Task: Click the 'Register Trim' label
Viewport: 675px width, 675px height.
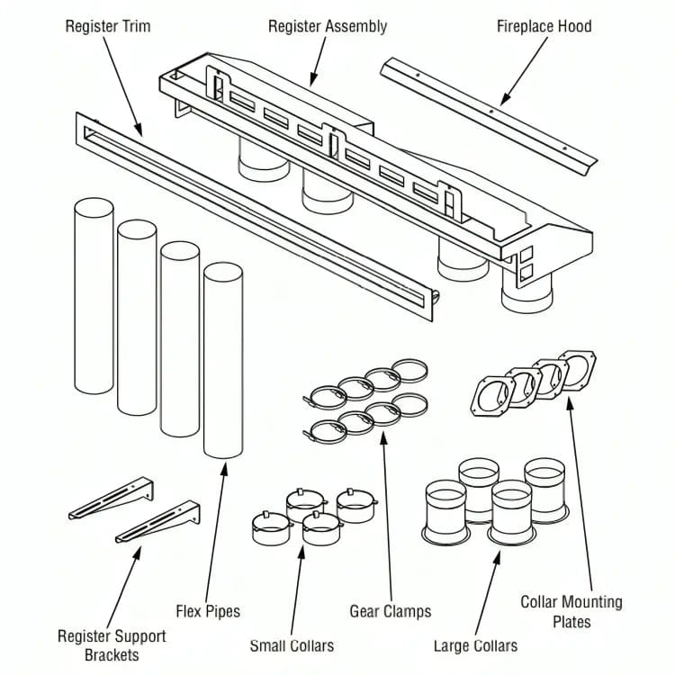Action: tap(108, 26)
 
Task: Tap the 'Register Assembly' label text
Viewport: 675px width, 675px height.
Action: tap(328, 26)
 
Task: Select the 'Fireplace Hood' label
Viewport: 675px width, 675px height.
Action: tap(544, 26)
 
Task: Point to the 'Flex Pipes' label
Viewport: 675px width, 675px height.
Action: tap(208, 611)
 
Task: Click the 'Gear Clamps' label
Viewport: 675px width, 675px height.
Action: tap(391, 611)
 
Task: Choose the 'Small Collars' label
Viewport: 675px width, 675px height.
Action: tap(292, 645)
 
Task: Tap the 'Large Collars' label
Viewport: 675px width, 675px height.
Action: tap(475, 645)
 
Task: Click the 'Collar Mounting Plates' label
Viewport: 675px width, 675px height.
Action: tap(571, 611)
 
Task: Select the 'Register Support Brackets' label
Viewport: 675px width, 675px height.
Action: tap(112, 644)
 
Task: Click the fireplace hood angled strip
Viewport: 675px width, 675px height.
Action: tap(487, 113)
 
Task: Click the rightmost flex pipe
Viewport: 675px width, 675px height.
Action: tap(222, 360)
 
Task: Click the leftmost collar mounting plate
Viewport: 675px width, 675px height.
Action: tap(493, 396)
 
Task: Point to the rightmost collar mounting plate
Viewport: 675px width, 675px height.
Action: tap(577, 371)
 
